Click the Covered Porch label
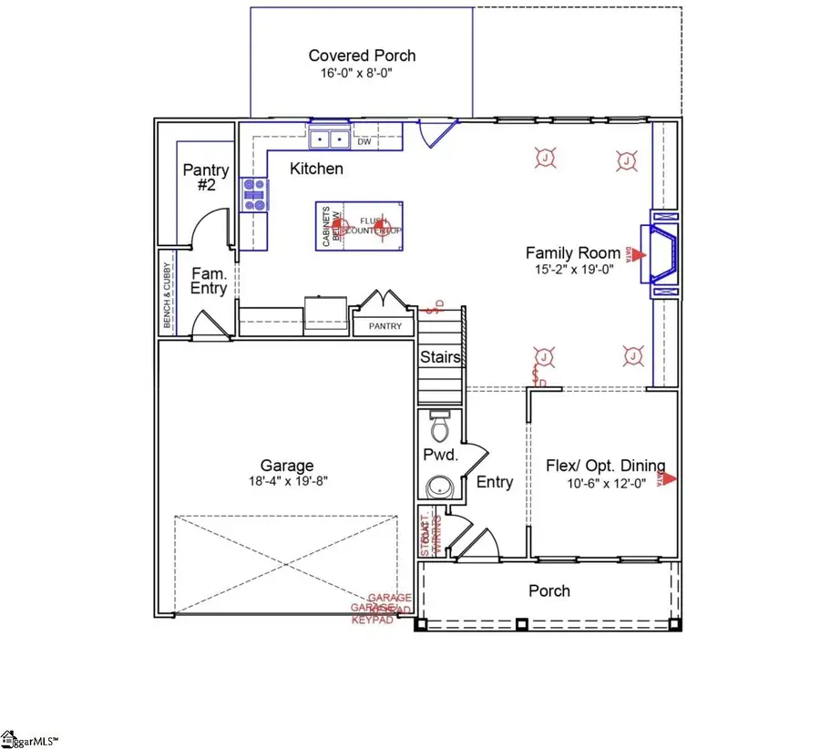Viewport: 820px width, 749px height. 362,56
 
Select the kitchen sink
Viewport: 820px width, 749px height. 329,140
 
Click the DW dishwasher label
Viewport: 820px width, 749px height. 364,142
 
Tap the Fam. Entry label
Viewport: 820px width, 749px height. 208,281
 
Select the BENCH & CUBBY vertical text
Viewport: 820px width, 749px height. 167,296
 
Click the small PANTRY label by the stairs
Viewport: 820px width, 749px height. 384,326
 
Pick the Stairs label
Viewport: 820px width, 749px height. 441,358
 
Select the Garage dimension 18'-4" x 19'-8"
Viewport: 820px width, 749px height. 285,482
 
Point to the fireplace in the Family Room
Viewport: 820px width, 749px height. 663,255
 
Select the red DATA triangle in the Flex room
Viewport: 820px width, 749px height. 670,477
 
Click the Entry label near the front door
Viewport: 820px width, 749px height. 495,482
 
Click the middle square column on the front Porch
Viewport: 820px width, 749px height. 521,625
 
